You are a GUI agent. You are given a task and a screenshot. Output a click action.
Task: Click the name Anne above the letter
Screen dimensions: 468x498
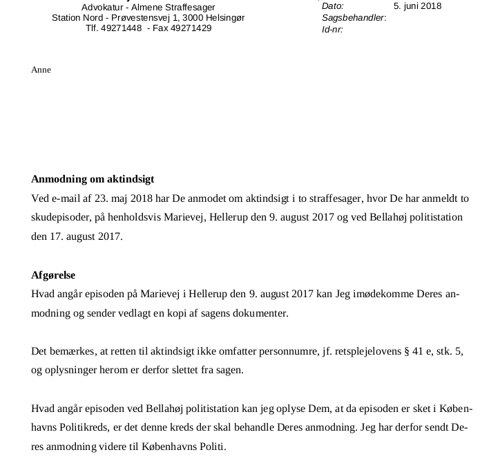41,70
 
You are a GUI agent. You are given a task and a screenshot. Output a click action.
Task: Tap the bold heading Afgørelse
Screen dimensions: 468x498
53,275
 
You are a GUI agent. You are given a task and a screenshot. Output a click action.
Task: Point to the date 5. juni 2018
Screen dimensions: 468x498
417,6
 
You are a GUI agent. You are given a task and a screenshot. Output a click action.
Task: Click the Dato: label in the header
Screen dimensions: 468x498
333,6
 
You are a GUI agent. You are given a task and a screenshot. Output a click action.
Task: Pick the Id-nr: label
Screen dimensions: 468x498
332,30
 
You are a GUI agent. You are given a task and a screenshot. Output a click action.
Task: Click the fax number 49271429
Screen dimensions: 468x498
191,28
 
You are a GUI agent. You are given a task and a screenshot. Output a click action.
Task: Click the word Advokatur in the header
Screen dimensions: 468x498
103,8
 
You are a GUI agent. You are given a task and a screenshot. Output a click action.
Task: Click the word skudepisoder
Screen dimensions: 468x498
59,218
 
